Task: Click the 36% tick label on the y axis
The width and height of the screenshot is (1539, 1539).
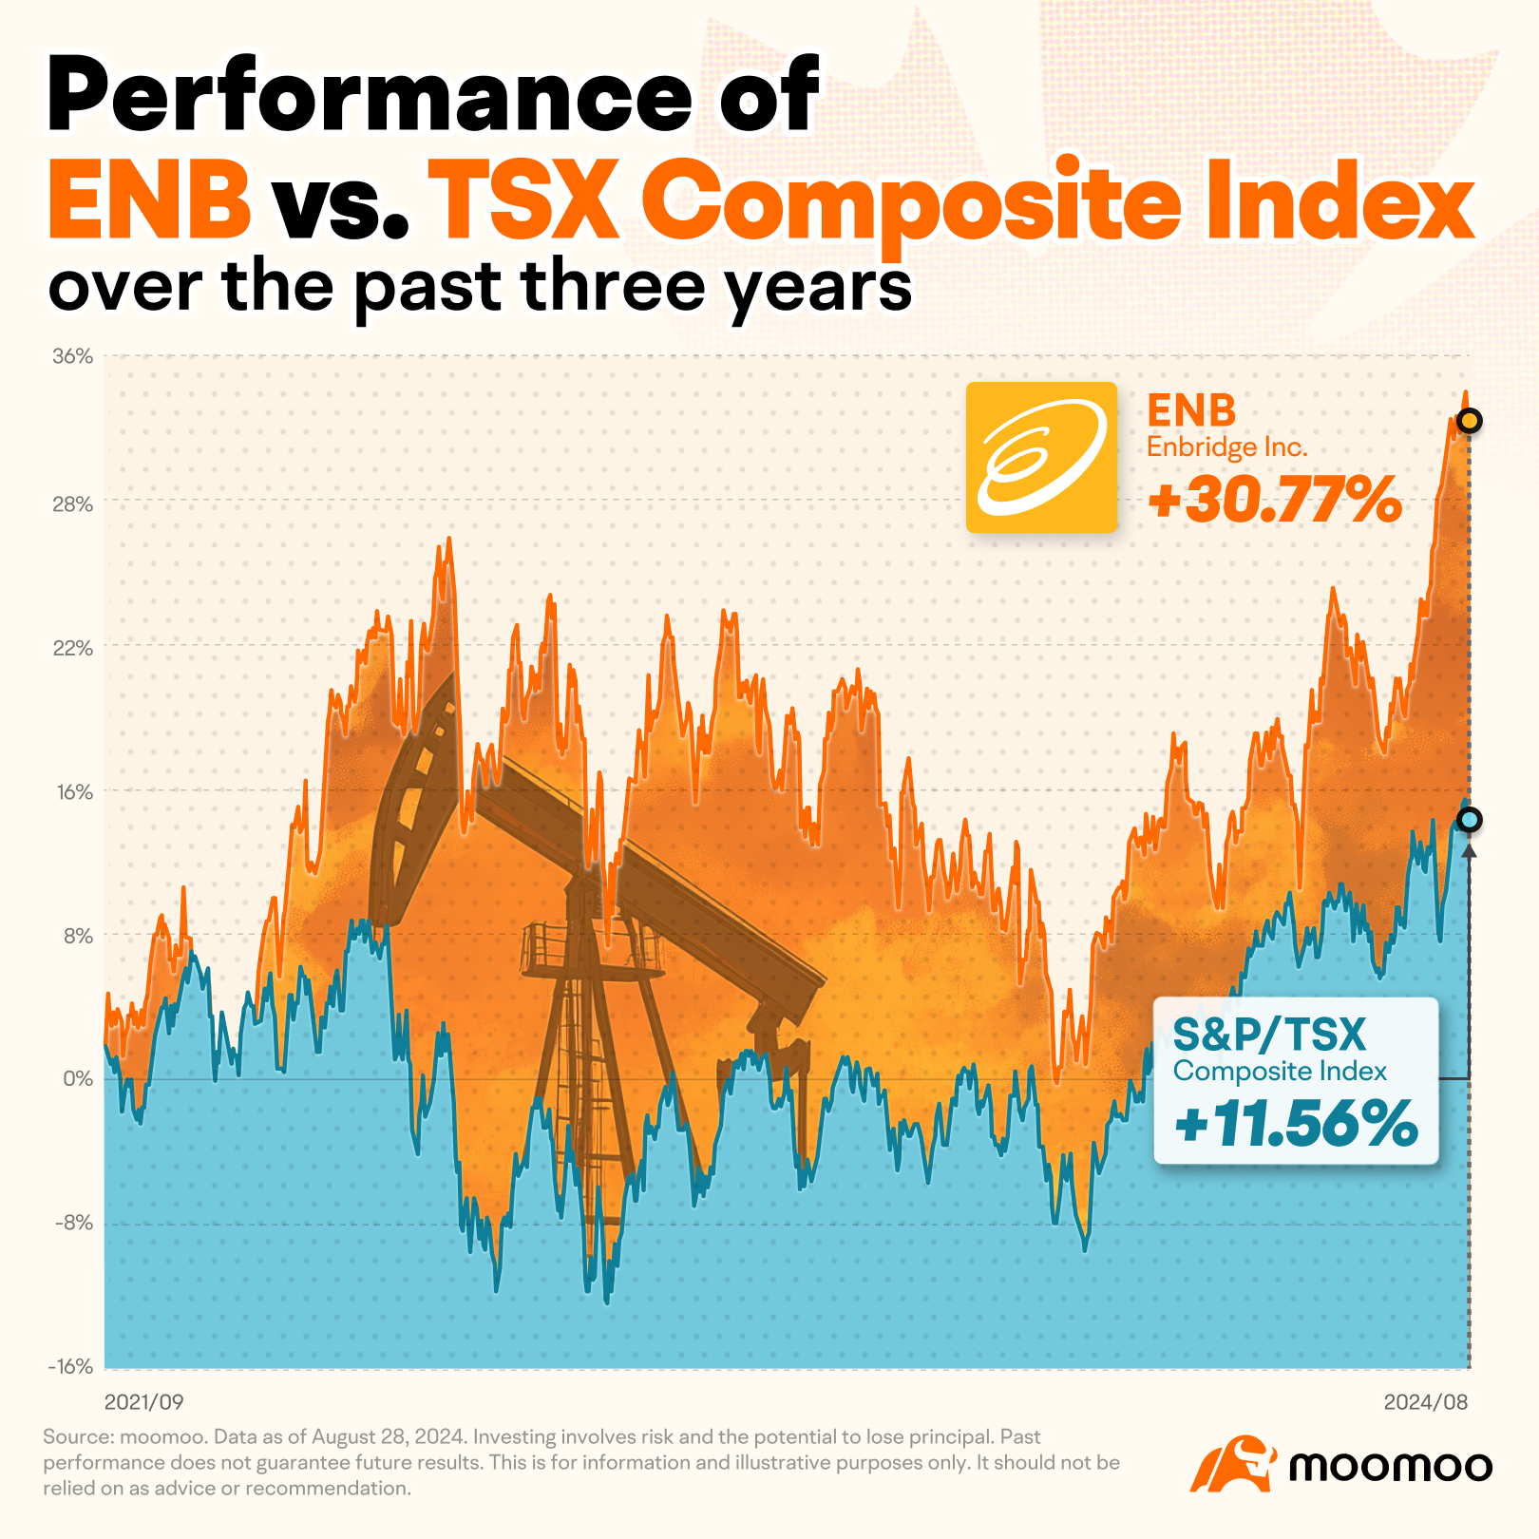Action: [72, 357]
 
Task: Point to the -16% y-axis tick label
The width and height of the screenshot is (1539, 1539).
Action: [70, 1367]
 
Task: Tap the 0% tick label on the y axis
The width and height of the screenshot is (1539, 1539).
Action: [78, 1079]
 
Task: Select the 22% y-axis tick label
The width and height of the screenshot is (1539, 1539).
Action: [72, 648]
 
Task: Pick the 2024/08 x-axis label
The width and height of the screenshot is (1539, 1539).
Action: [1426, 1402]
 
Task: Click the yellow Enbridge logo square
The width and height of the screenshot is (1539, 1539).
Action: [1041, 457]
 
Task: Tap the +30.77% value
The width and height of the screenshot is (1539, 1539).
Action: [1275, 500]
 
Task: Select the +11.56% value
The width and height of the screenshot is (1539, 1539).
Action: [1296, 1124]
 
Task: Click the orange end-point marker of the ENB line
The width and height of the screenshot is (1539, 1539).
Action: [1470, 421]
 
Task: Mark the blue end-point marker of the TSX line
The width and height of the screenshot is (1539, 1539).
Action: [1470, 820]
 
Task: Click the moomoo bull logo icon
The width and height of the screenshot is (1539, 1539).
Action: [1232, 1464]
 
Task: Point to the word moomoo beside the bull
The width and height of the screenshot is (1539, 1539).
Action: [1391, 1466]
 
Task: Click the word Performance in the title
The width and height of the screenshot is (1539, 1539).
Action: [370, 95]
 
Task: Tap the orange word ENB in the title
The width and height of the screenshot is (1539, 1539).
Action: [150, 201]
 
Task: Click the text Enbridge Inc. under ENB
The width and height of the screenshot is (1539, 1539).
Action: [1227, 447]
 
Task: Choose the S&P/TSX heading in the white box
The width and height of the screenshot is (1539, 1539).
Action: [1269, 1035]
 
